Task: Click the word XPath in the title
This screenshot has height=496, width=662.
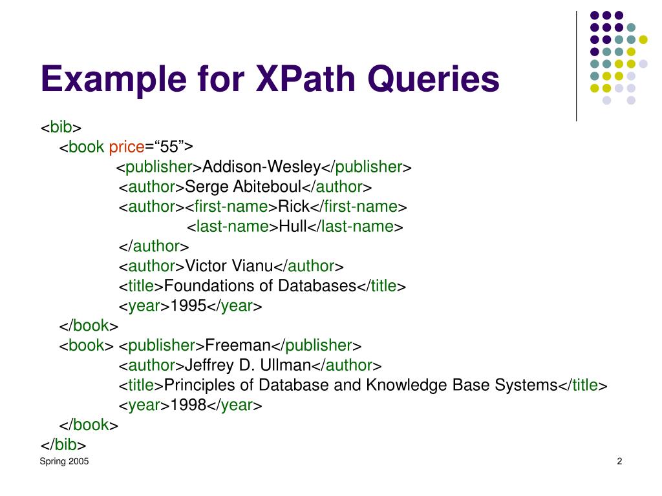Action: pos(296,80)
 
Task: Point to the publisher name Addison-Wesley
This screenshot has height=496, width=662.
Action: pos(262,167)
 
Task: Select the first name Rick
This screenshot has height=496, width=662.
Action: pos(294,207)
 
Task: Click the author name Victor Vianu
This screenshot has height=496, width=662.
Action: pos(230,266)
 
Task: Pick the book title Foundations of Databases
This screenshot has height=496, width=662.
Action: pos(261,286)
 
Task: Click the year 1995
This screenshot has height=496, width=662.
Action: pos(188,306)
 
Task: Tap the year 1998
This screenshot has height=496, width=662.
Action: pos(188,406)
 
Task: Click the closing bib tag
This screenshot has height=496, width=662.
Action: pos(64,445)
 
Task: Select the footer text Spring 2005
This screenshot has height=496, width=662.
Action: pos(65,461)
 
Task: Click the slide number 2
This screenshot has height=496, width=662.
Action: pos(619,461)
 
